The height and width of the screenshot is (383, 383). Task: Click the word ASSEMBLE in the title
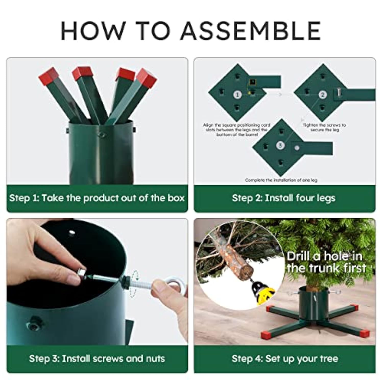point(251,31)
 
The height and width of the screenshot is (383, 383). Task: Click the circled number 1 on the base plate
point(237,95)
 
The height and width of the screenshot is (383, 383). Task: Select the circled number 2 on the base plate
point(322,95)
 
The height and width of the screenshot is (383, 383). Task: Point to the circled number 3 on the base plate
point(280,146)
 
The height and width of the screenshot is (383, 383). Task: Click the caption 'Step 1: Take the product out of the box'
point(97,198)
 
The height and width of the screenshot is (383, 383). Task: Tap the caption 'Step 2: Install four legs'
point(284,198)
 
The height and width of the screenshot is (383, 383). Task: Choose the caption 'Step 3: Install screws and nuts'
point(97,358)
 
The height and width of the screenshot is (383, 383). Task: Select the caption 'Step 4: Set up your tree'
point(285,359)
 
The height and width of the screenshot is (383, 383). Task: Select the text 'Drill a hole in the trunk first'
point(326,262)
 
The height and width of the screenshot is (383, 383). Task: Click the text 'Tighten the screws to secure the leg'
point(324,127)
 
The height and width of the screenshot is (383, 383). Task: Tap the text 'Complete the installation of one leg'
point(281,180)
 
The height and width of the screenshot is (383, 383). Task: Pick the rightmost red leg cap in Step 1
point(146,77)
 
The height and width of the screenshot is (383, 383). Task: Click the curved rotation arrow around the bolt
point(134,283)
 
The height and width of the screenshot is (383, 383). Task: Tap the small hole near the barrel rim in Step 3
point(72,233)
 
